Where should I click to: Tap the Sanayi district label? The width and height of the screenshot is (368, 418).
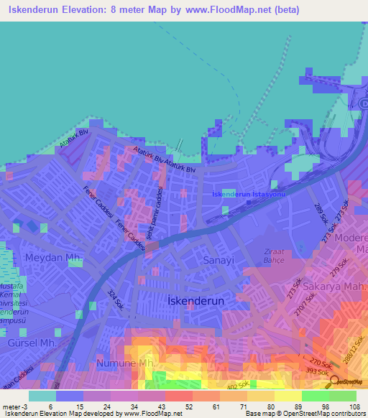(x=218, y=259)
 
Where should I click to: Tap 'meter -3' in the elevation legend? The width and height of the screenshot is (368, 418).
(x=14, y=406)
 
